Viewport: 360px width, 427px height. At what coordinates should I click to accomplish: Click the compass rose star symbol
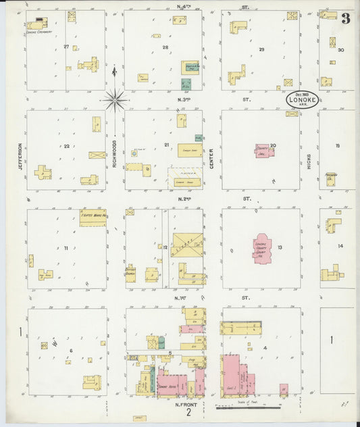point(115,100)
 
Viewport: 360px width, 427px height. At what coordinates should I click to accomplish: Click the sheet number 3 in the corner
point(345,18)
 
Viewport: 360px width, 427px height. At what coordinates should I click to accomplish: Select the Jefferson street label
point(21,155)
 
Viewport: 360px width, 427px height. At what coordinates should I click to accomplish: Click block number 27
point(66,46)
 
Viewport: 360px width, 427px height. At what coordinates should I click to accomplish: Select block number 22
point(66,145)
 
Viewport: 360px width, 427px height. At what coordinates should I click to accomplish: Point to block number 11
point(66,248)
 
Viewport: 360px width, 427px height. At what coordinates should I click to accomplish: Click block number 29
point(261,49)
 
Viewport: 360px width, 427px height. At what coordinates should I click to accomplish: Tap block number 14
point(340,246)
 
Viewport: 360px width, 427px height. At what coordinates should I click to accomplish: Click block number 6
point(70,350)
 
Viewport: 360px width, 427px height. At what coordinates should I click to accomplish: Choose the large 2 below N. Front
point(190,413)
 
